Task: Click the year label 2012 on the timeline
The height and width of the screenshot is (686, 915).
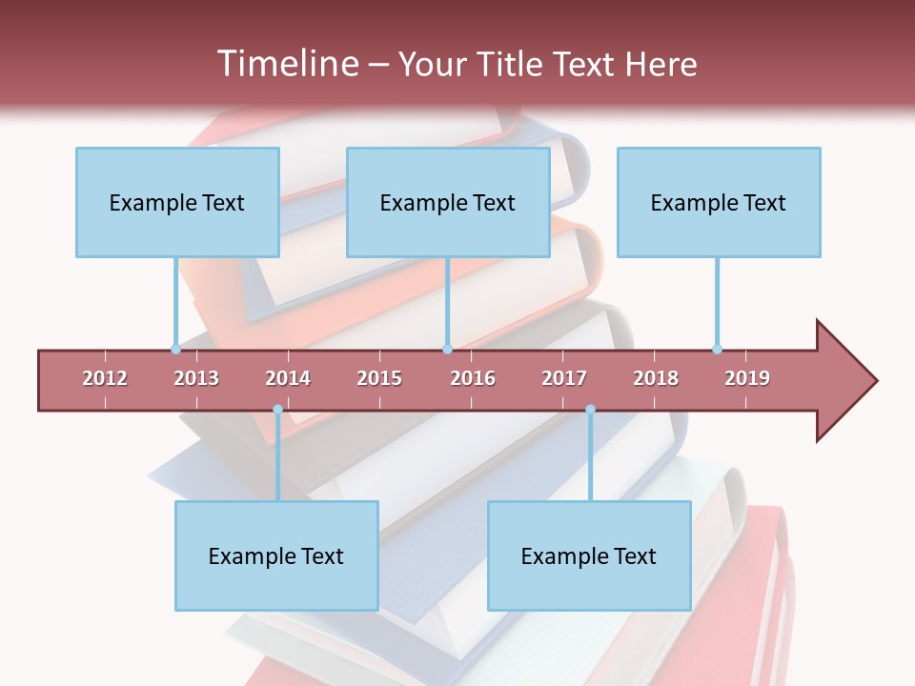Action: pos(105,378)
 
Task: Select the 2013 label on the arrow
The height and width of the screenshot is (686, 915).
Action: pos(196,378)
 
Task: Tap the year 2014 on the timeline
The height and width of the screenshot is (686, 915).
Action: pos(288,378)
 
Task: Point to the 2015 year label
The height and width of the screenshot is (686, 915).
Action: pos(379,378)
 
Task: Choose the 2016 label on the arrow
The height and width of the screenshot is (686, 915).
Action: pos(473,378)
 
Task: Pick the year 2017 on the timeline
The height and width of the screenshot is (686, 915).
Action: pos(564,378)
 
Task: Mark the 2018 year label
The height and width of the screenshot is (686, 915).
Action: pos(656,378)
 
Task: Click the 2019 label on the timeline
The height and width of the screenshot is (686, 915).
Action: pos(747,378)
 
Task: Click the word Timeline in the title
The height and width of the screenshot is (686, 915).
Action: pos(286,64)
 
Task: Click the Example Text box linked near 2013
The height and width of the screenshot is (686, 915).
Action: pos(177,202)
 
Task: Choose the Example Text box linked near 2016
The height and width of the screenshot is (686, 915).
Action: pos(448,202)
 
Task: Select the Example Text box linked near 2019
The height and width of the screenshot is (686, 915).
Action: pos(719,202)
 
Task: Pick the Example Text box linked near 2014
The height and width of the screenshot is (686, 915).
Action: pos(276,555)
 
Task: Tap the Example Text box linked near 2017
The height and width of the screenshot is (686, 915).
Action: pos(589,555)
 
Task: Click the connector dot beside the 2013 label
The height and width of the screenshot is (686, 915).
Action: pos(175,349)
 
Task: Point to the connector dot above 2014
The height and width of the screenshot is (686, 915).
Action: pos(277,410)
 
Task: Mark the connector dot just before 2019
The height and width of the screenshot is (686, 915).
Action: pos(717,349)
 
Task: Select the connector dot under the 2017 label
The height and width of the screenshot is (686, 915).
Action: pos(590,410)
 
